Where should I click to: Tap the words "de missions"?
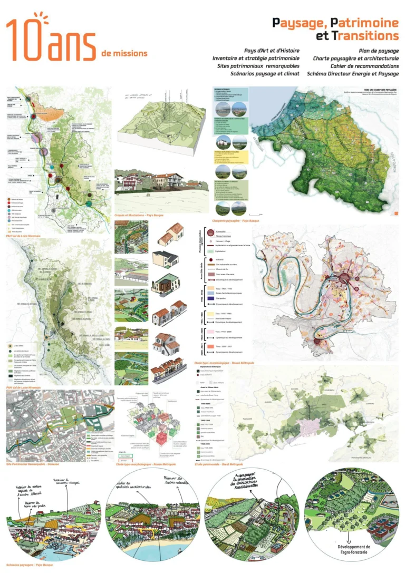pyautogui.click(x=125, y=53)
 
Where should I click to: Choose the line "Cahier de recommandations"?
pyautogui.click(x=364, y=66)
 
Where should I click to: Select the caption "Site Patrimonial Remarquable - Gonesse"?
pyautogui.click(x=32, y=464)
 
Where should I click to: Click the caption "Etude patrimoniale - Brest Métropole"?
pyautogui.click(x=219, y=464)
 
